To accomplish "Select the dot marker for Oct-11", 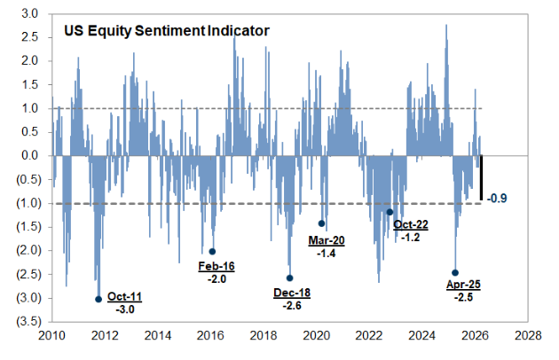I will [98, 299].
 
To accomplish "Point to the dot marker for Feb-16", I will [211, 251].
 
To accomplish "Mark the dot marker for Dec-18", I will [289, 278].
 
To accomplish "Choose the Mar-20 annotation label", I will [328, 239].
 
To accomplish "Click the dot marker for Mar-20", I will [321, 223].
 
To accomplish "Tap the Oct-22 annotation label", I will [412, 225].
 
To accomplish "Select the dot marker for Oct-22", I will [390, 212].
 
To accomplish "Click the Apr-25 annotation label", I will [463, 285].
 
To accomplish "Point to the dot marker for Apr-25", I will [455, 273].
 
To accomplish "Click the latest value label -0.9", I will [500, 198].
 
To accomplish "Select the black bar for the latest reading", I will [481, 177].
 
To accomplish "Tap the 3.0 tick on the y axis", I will [30, 14].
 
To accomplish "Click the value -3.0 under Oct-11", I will [124, 309].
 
